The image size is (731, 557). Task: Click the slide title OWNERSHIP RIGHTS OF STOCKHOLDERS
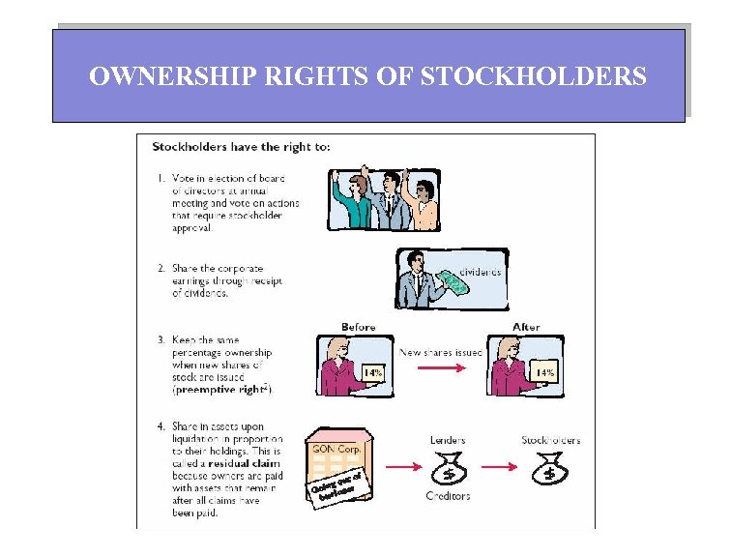click(x=367, y=75)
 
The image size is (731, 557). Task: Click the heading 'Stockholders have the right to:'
click(x=241, y=148)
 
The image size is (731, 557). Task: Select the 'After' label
click(x=526, y=328)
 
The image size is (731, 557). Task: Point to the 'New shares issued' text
click(x=441, y=353)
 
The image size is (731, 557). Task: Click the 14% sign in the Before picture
click(x=373, y=373)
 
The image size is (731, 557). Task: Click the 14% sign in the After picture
click(x=544, y=373)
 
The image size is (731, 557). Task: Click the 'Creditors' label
click(x=448, y=496)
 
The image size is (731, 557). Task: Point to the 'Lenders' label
click(x=448, y=441)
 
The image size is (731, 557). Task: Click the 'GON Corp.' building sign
click(x=334, y=449)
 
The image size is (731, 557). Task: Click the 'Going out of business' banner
click(x=336, y=485)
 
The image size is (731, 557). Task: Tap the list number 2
click(x=159, y=269)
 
